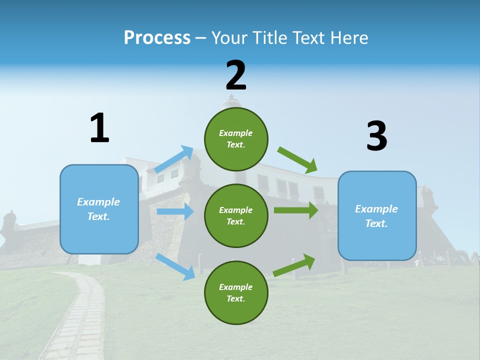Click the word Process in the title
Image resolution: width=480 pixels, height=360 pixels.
click(x=157, y=38)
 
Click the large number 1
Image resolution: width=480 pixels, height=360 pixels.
click(x=99, y=127)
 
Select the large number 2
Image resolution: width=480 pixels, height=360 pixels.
click(x=236, y=75)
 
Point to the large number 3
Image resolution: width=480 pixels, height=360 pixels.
click(x=377, y=135)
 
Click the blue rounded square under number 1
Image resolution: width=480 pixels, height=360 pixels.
click(x=99, y=209)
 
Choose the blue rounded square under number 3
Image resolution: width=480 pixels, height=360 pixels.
click(x=377, y=216)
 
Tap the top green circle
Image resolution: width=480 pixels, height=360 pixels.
click(x=236, y=139)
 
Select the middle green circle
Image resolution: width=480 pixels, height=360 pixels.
click(x=236, y=216)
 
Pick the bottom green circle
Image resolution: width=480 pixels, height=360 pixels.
click(x=236, y=292)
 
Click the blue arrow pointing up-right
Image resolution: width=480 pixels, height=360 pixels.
click(x=173, y=159)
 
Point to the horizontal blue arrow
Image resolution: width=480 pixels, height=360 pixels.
click(x=175, y=211)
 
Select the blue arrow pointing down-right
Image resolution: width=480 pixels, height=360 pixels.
click(x=175, y=267)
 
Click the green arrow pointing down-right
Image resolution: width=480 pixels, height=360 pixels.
click(x=297, y=160)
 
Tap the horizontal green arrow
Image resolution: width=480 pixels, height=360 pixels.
click(x=296, y=210)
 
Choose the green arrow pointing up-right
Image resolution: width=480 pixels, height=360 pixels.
click(x=294, y=265)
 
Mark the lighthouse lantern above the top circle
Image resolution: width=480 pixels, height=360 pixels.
click(x=231, y=101)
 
